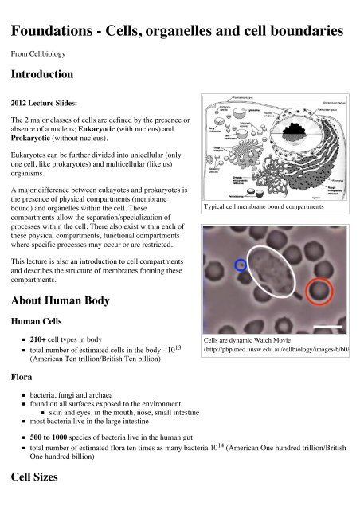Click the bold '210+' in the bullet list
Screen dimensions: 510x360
point(41,339)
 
